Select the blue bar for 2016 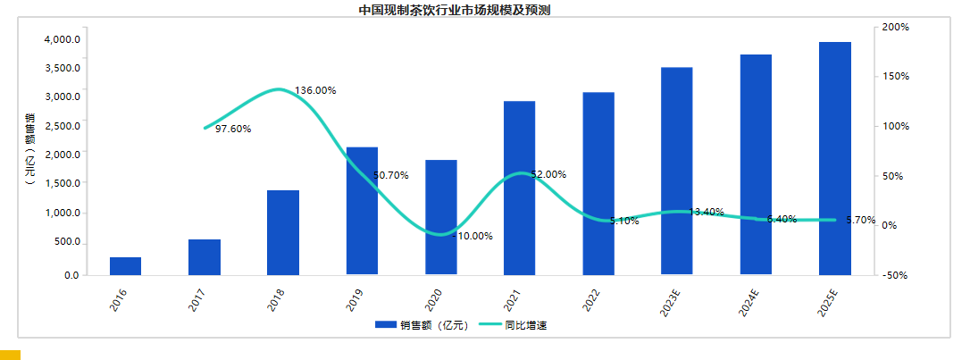tap(125, 265)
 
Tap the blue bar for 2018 tap(283, 232)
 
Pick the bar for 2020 tap(440, 217)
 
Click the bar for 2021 tap(519, 188)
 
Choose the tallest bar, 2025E tap(834, 158)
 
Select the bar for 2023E tap(676, 171)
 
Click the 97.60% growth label tap(233, 129)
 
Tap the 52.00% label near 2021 tap(548, 175)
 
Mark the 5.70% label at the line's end tap(860, 220)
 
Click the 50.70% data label tap(390, 175)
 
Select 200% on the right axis tap(896, 27)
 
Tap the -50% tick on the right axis tap(896, 275)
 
